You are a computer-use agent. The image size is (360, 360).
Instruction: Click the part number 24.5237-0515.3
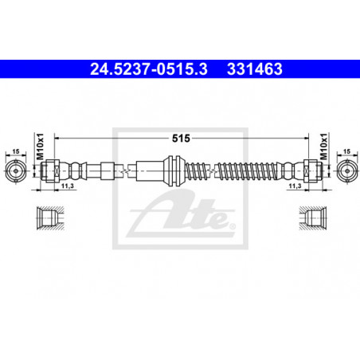(x=149, y=69)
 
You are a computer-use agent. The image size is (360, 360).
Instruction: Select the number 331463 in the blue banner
(x=255, y=69)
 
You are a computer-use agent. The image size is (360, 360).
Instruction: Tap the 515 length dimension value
(x=181, y=139)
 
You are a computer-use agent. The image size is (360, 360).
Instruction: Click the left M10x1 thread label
(x=40, y=147)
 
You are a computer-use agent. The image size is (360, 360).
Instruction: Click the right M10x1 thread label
(x=324, y=147)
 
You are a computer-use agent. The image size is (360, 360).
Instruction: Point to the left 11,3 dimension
(x=67, y=186)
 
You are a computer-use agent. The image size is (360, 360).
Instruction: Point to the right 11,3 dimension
(x=295, y=186)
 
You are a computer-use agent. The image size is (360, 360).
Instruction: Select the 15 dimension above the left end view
(x=16, y=151)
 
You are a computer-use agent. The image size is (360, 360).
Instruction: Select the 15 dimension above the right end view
(x=346, y=151)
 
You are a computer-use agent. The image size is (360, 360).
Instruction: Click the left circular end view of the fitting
(x=16, y=170)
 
